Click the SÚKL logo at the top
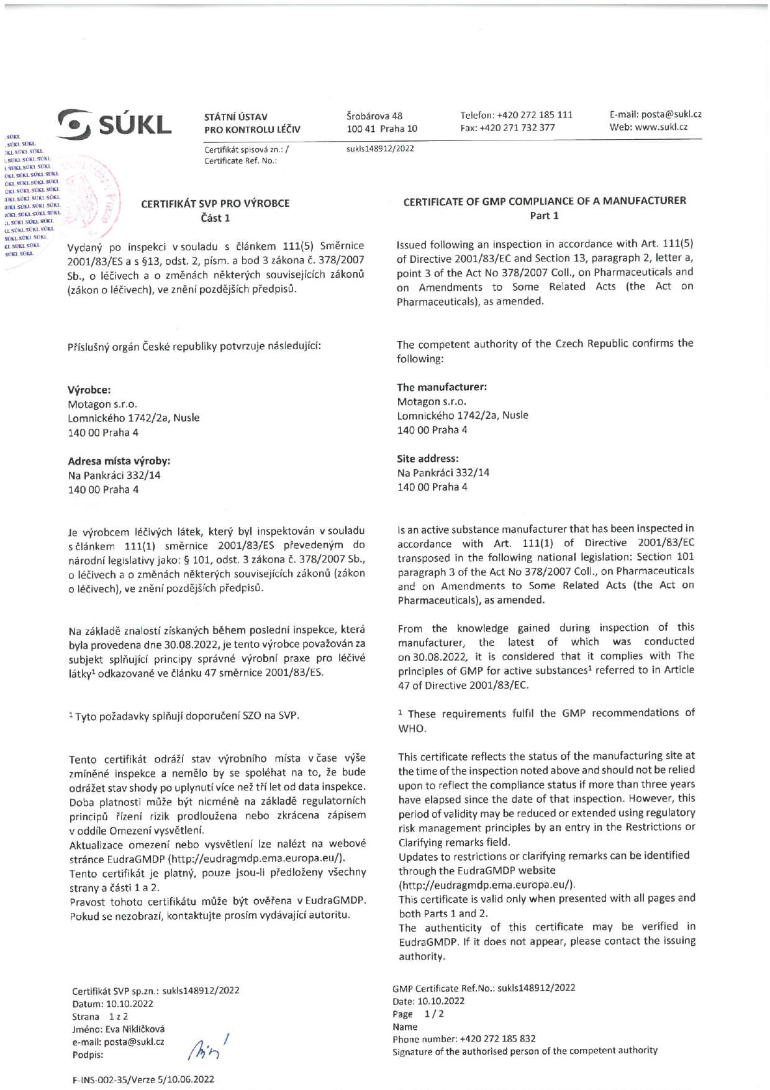(x=115, y=122)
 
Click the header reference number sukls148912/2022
(x=380, y=149)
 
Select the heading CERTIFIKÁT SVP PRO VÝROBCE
(x=215, y=203)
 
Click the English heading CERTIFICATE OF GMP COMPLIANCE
(x=544, y=201)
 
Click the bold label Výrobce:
(x=89, y=390)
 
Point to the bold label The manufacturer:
(x=442, y=387)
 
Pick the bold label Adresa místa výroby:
(x=119, y=460)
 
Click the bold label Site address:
(x=428, y=459)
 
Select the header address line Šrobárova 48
(x=374, y=116)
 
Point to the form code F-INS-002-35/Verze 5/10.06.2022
(x=143, y=1079)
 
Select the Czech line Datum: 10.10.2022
(x=112, y=1004)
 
